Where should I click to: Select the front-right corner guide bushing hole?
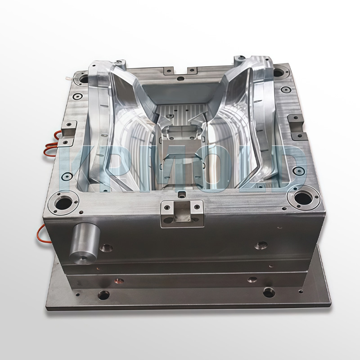point(302,198)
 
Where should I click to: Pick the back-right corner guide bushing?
point(279,72)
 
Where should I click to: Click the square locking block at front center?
point(182,212)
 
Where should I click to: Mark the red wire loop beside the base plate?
point(42,230)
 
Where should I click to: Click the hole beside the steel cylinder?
point(106,247)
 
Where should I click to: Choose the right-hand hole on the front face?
point(261,245)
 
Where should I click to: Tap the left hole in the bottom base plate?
point(103,295)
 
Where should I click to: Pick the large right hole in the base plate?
point(269,292)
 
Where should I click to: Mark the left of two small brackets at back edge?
point(168,71)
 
